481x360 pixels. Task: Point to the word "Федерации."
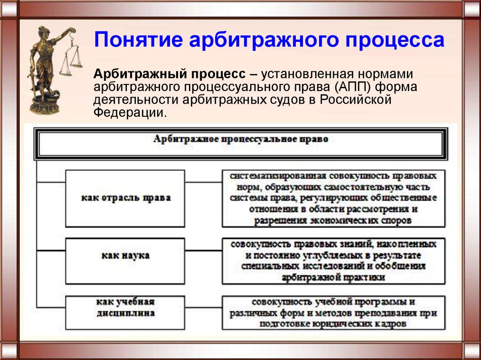(x=130, y=113)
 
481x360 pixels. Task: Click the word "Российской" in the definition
(x=356, y=100)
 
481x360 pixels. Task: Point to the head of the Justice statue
(x=42, y=32)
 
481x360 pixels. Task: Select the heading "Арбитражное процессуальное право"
(x=240, y=139)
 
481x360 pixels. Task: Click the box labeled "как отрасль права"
(x=125, y=199)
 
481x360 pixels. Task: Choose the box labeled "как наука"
(x=125, y=261)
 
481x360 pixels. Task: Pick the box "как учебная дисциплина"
(x=125, y=313)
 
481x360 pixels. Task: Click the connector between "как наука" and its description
(x=203, y=251)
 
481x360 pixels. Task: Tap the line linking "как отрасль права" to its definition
(x=203, y=182)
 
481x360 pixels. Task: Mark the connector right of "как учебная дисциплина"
(x=203, y=307)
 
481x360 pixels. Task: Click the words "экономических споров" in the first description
(x=361, y=221)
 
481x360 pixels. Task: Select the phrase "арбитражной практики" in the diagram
(x=333, y=277)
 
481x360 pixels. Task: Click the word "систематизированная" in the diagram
(x=278, y=176)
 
